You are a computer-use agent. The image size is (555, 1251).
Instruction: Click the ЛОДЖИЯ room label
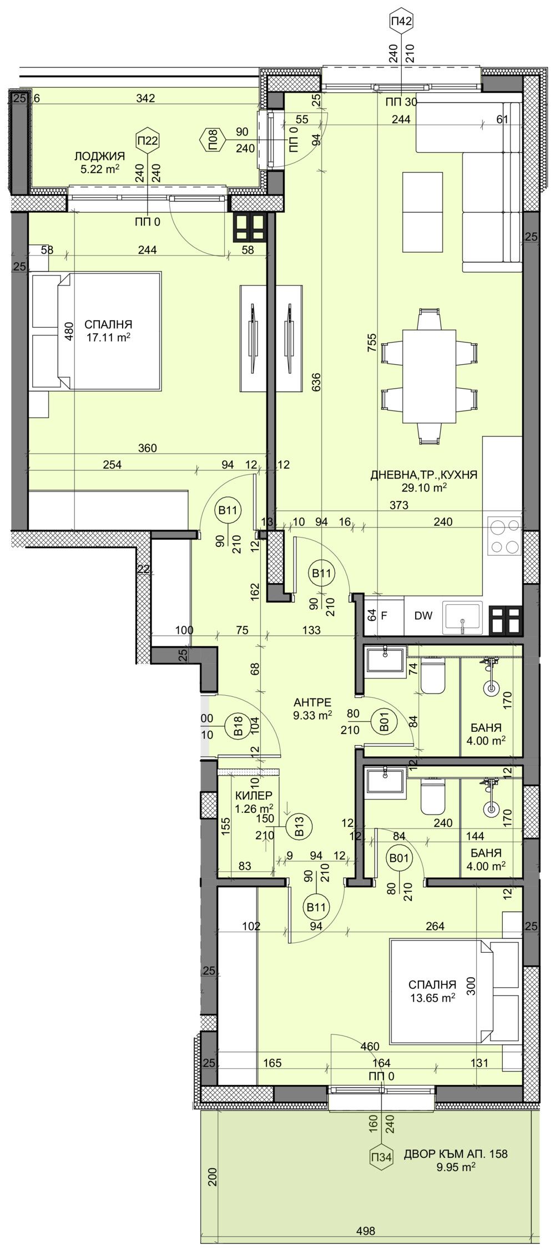click(x=103, y=157)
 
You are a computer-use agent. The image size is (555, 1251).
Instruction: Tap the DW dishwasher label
click(x=423, y=616)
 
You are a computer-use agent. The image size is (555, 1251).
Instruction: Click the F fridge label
click(x=384, y=616)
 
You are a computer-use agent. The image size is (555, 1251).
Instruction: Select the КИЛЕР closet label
click(x=253, y=796)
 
